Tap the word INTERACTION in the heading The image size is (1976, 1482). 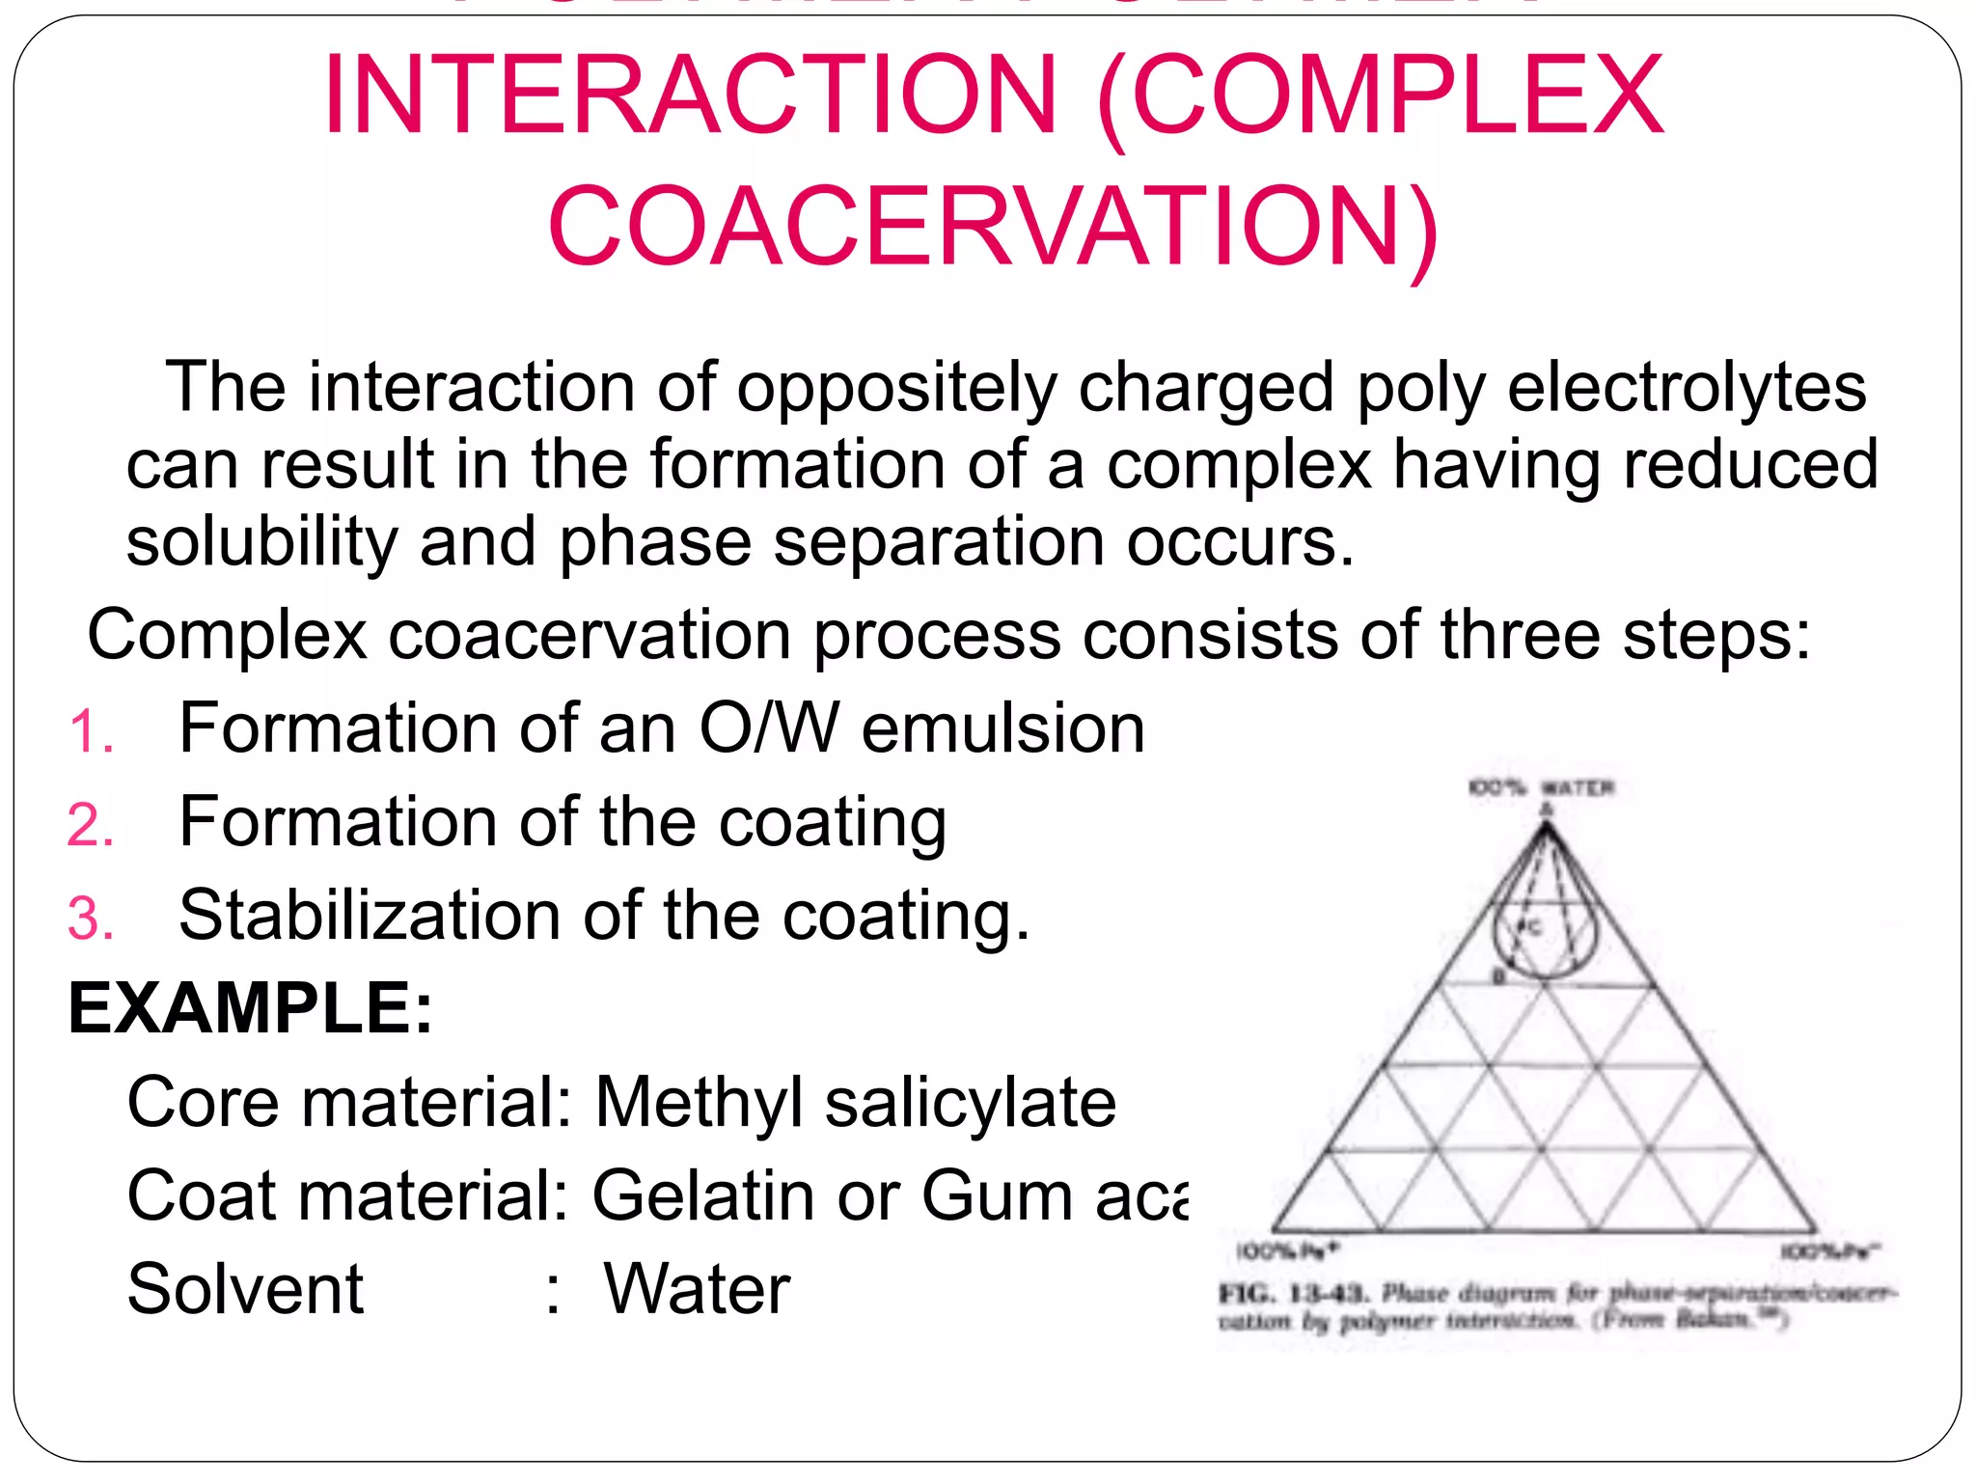pos(691,96)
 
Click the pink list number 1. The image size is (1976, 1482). pos(91,732)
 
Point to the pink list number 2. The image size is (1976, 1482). pos(91,826)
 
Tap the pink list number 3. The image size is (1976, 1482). pos(91,919)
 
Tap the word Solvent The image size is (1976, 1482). pos(245,1289)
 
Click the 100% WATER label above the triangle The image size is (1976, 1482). pos(1541,787)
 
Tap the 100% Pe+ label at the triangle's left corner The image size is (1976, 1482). pos(1287,1251)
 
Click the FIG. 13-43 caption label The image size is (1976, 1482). pos(1293,1293)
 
